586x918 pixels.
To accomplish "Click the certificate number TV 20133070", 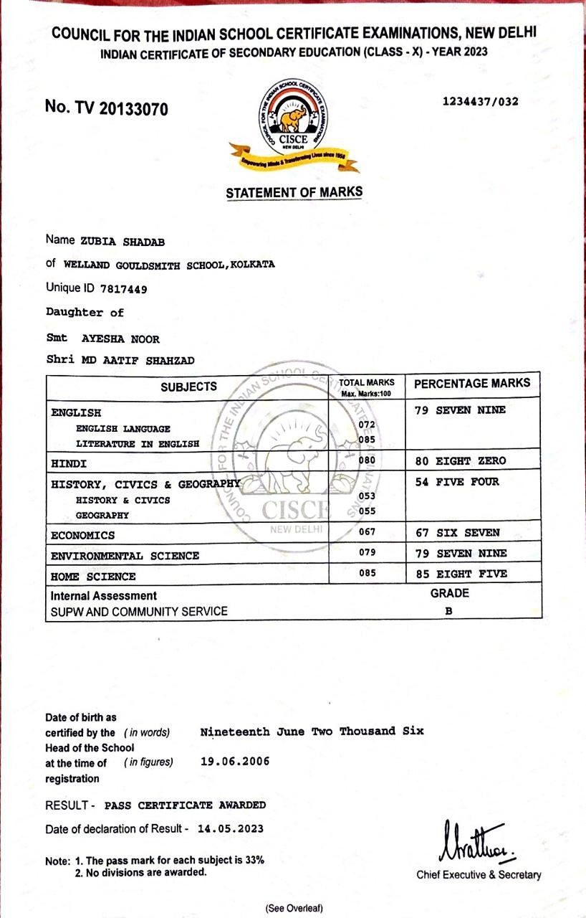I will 106,108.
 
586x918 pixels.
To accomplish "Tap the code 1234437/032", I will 481,101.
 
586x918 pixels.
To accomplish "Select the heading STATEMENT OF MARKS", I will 294,192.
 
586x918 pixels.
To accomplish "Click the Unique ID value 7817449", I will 125,288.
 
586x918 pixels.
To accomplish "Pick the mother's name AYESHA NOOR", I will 120,339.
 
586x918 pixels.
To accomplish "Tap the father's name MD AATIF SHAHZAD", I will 138,360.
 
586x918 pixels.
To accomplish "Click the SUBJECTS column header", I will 188,387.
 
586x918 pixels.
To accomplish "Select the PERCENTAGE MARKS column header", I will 472,383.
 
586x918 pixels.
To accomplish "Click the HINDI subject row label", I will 69,464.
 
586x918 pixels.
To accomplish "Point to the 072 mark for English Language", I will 367,425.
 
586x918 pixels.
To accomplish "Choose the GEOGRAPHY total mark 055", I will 367,511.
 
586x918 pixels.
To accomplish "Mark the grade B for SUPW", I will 448,612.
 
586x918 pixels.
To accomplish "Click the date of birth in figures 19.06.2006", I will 235,761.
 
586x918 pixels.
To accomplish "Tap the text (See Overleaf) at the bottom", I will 294,908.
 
